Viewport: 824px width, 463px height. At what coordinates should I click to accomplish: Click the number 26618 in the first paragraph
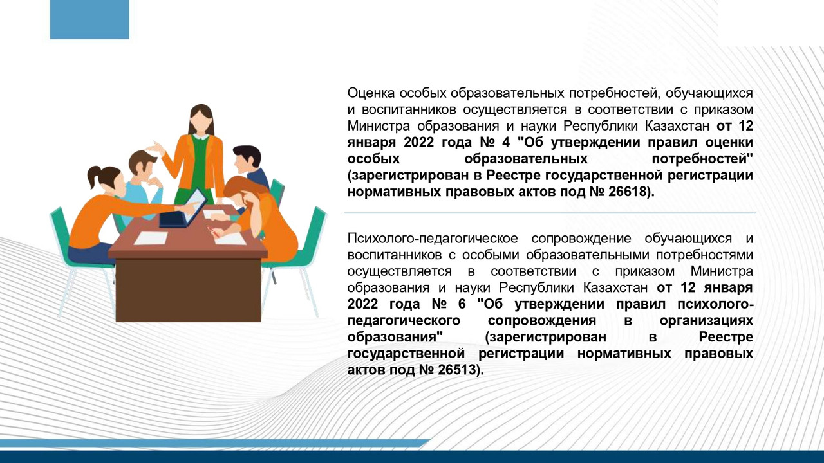tap(624, 192)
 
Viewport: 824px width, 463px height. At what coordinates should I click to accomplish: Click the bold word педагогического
tap(403, 320)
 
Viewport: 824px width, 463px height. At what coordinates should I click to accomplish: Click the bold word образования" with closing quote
tap(395, 337)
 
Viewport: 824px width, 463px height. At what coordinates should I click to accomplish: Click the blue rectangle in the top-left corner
tap(89, 19)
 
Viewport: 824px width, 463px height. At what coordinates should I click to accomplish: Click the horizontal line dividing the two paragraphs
tap(550, 213)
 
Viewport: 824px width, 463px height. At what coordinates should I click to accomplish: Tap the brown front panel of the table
tap(188, 289)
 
